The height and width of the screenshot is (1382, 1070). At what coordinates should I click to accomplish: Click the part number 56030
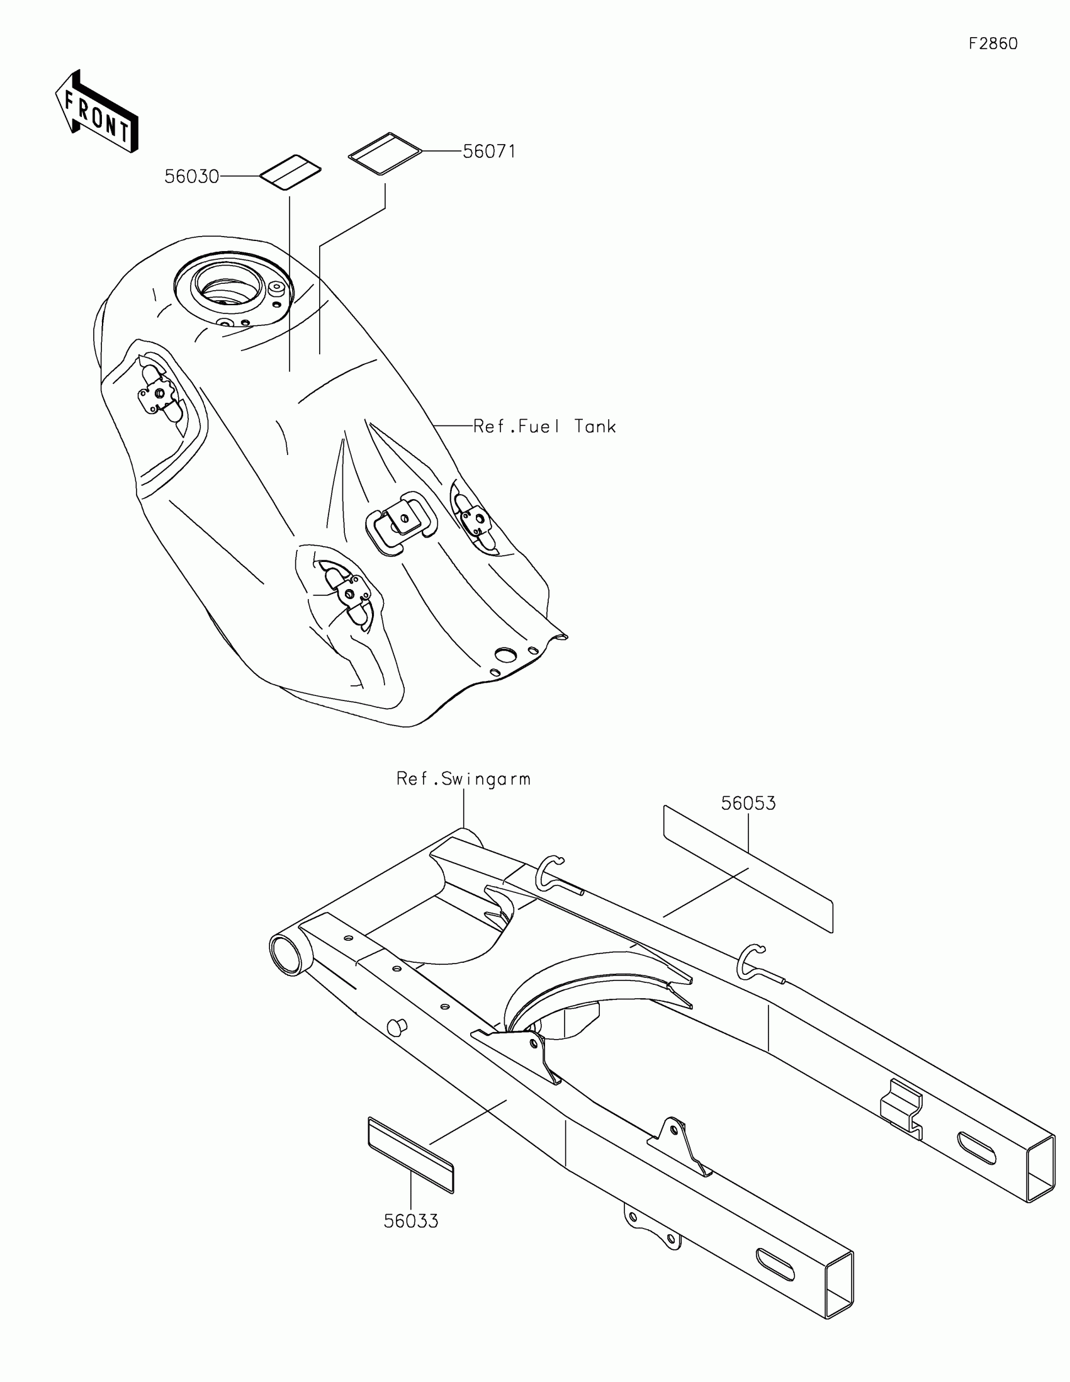192,177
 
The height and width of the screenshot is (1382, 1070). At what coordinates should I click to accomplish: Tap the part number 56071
489,152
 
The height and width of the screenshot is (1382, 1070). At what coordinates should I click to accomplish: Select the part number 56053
748,803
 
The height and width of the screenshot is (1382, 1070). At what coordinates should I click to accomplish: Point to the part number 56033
410,1221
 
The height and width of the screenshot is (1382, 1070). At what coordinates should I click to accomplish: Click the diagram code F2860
993,43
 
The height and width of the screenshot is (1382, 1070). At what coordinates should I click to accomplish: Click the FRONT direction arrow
97,112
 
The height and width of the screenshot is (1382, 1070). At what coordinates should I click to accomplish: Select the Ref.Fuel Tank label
544,427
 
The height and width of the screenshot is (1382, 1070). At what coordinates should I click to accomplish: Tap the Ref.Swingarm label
463,778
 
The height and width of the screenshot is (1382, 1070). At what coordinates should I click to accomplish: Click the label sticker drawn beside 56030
290,171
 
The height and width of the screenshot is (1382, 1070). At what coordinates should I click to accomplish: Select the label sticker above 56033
410,1155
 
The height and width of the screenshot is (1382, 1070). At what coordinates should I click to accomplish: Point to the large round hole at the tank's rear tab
505,654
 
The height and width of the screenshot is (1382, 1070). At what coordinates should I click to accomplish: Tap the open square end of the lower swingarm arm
840,1286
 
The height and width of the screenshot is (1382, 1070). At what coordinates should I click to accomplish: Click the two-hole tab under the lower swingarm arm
652,1230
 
